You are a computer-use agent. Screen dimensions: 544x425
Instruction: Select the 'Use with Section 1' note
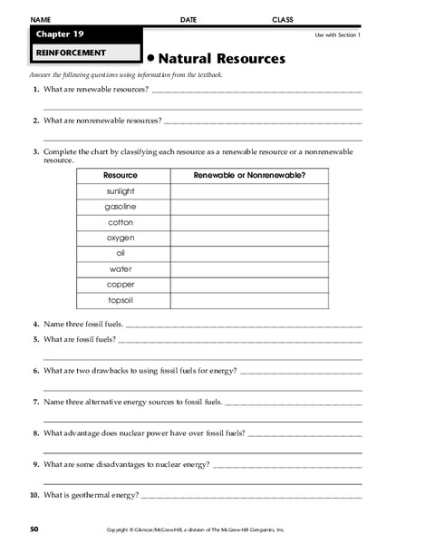coord(337,34)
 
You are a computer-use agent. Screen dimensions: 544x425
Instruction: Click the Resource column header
coord(121,174)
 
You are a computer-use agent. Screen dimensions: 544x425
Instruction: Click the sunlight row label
coord(121,190)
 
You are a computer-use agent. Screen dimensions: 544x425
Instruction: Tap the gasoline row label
coord(121,206)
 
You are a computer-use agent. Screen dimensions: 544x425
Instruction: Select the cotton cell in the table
coord(121,222)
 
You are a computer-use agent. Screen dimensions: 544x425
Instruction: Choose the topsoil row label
coord(121,300)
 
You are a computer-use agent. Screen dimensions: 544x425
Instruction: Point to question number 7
coord(34,401)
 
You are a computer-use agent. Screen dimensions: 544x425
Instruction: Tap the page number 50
coord(34,528)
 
